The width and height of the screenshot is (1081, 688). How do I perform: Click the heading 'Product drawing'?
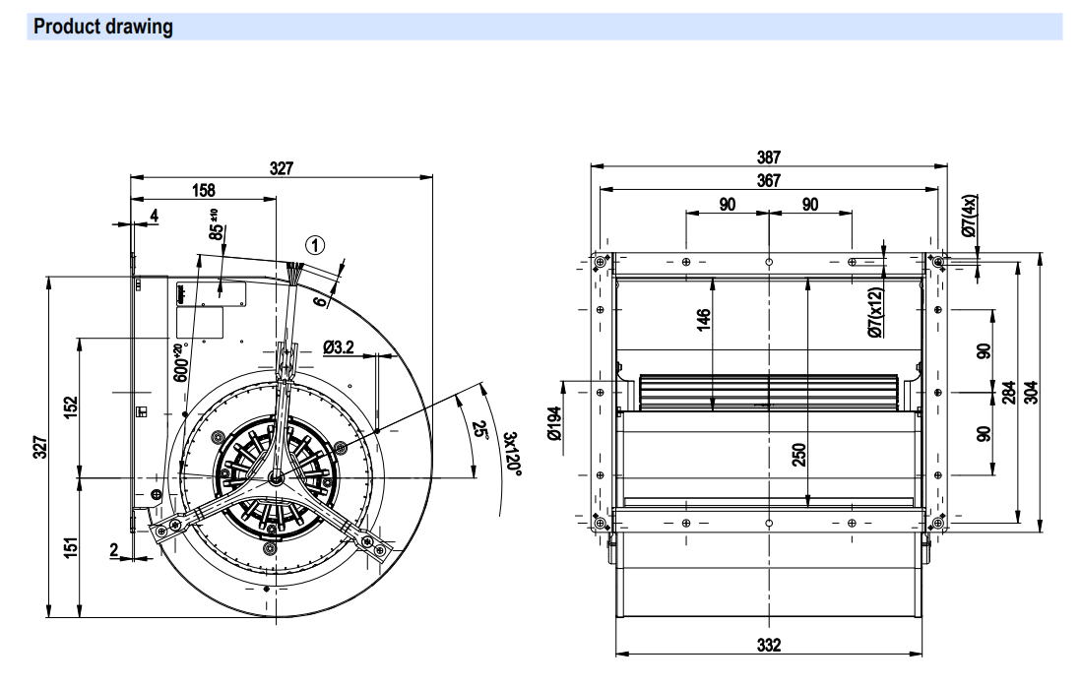pos(103,27)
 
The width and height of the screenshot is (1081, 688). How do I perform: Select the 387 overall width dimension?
pos(769,156)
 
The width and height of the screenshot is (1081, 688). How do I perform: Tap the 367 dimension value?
pos(769,180)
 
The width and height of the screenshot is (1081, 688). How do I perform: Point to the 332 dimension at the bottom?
pos(769,645)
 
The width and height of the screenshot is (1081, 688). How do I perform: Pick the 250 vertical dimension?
pos(799,455)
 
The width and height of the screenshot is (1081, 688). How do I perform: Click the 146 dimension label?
pos(703,320)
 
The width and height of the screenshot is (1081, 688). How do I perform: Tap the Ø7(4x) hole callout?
pos(969,217)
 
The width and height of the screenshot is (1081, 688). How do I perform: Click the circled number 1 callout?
pos(315,244)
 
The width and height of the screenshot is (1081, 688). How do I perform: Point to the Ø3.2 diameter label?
pos(339,347)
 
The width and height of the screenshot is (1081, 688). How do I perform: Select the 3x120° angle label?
pos(511,452)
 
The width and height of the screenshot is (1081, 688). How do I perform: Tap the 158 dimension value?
pos(203,190)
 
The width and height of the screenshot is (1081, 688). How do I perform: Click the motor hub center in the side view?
pos(276,477)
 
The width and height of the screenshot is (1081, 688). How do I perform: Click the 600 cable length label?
pos(180,364)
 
